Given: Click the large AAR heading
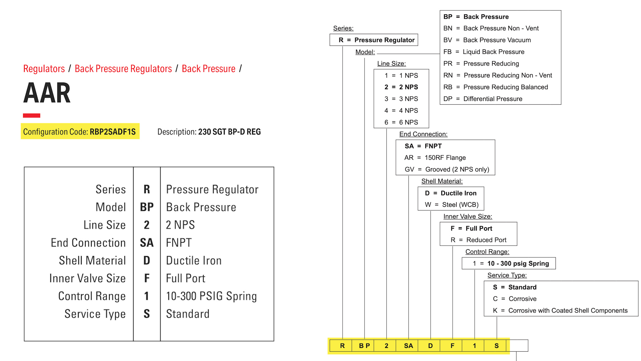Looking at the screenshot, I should (47, 93).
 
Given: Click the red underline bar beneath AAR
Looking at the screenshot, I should (31, 115).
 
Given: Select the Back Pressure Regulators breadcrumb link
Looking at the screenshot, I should (123, 69).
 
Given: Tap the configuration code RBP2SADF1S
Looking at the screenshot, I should (113, 132).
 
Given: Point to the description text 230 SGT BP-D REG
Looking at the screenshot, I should (229, 132).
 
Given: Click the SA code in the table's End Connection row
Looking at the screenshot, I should (147, 243).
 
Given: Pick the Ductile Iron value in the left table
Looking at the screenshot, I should (194, 260).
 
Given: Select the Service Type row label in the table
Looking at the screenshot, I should (95, 314).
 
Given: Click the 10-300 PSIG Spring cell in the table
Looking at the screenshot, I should (211, 296).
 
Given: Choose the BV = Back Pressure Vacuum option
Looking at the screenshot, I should (487, 40).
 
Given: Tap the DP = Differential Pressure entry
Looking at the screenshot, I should (483, 99).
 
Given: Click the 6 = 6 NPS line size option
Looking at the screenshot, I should (401, 122).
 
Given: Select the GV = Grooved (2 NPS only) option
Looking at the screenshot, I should (447, 169).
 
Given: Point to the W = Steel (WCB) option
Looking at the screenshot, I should (451, 205).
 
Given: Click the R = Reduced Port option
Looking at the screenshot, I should (478, 240).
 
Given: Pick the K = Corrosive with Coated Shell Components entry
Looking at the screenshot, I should (560, 311).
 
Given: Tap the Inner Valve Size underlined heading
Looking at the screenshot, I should (467, 217).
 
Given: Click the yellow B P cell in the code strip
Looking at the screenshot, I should (364, 346).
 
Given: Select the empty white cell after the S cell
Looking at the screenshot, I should (519, 346).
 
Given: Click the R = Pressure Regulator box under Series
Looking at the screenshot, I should (376, 40).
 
